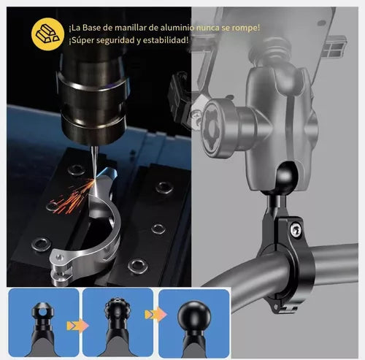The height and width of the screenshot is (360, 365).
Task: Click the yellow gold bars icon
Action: (x=47, y=34)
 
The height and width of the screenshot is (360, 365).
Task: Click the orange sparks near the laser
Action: (x=71, y=196)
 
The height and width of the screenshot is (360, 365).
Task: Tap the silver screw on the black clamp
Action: (x=296, y=230)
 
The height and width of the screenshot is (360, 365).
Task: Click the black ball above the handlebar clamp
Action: (x=287, y=175)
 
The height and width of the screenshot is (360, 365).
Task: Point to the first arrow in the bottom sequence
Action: (x=77, y=326)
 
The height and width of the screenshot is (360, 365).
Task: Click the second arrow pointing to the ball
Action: (x=155, y=314)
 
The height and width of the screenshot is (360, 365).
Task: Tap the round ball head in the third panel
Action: (x=194, y=315)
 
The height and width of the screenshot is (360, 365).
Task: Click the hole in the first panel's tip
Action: (x=43, y=312)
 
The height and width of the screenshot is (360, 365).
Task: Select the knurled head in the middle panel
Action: (x=118, y=308)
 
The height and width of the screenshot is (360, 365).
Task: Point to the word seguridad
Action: (x=114, y=41)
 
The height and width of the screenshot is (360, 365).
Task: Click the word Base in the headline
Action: (x=91, y=28)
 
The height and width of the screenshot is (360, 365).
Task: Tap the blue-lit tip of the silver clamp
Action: (x=108, y=173)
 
